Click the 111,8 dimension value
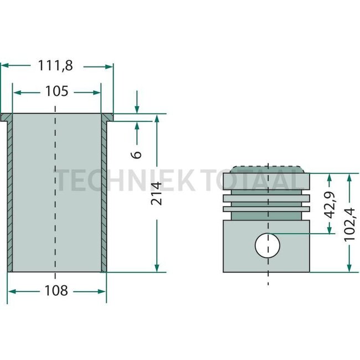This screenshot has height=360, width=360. [55, 65]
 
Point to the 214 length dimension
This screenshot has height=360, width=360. [157, 193]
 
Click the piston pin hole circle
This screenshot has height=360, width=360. [268, 244]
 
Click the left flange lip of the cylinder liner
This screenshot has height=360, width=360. [6, 117]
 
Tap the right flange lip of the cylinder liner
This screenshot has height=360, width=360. [107, 117]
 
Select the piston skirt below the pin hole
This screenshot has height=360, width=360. [268, 265]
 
